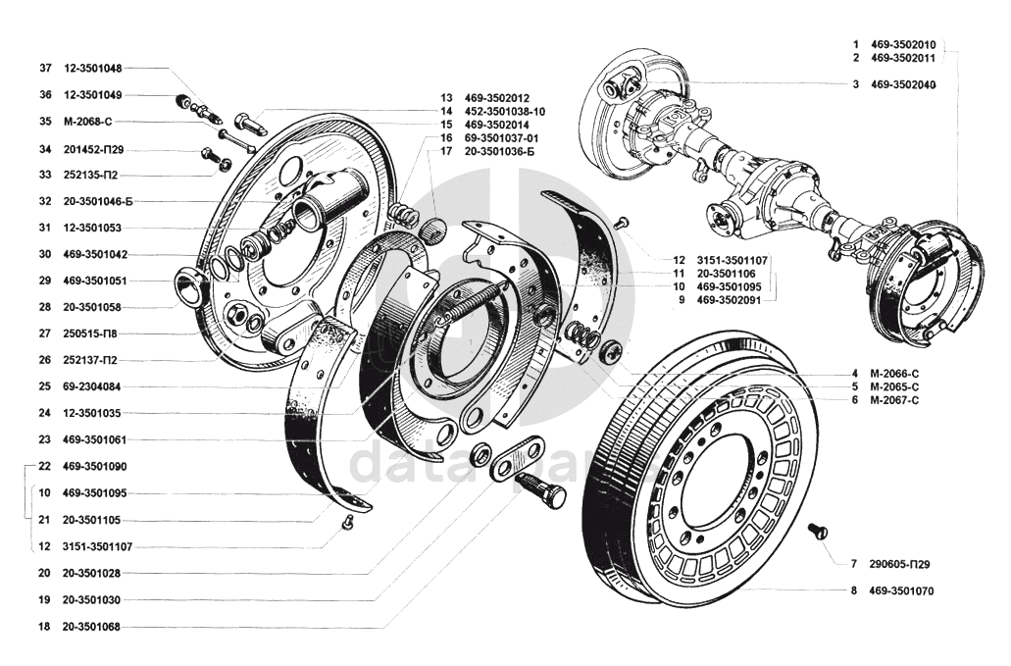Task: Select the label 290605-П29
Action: pos(899,564)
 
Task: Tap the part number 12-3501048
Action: pos(92,68)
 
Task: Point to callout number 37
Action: pos(45,68)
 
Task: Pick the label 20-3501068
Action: pos(91,627)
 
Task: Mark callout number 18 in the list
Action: pos(44,627)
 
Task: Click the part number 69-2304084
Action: pos(91,386)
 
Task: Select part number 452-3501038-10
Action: pos(505,112)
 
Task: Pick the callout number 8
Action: pos(854,591)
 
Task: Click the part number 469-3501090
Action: pos(95,467)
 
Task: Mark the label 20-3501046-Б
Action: pos(98,201)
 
